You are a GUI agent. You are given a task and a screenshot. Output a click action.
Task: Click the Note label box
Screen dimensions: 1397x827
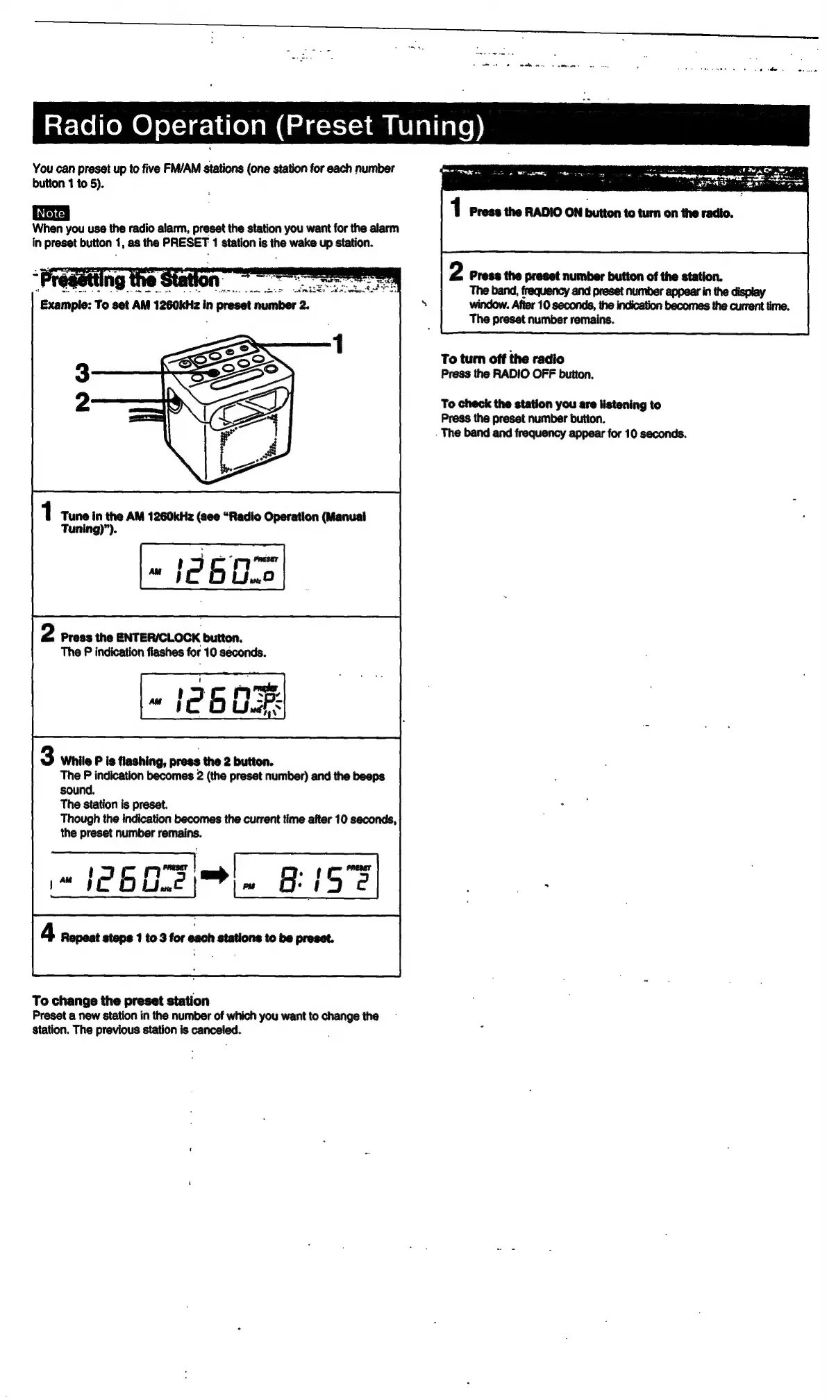(51, 213)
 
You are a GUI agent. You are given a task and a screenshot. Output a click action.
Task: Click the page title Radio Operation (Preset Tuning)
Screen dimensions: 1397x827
(263, 126)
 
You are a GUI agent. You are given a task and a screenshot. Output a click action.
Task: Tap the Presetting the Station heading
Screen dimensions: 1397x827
(130, 280)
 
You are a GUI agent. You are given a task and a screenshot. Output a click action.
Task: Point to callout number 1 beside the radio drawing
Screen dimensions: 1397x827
(337, 344)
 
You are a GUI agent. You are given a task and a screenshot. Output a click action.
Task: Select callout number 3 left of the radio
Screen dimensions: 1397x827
(82, 374)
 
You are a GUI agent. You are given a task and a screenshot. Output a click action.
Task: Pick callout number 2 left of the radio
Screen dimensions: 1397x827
(82, 402)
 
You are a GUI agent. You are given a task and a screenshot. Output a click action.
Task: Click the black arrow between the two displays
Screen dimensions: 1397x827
(215, 877)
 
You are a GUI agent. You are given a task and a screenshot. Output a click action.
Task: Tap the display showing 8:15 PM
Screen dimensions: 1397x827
(306, 876)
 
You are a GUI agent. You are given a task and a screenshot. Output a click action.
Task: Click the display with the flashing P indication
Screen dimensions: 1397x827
(212, 696)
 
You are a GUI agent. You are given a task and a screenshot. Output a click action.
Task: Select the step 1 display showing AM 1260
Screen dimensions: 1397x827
(212, 567)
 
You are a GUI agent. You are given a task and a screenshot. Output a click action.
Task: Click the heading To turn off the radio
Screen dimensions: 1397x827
(502, 359)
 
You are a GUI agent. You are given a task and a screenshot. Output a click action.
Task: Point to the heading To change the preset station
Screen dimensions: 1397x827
(121, 1001)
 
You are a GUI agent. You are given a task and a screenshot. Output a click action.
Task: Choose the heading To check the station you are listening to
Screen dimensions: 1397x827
(551, 404)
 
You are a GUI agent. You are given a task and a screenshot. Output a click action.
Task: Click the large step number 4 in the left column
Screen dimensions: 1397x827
(47, 932)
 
